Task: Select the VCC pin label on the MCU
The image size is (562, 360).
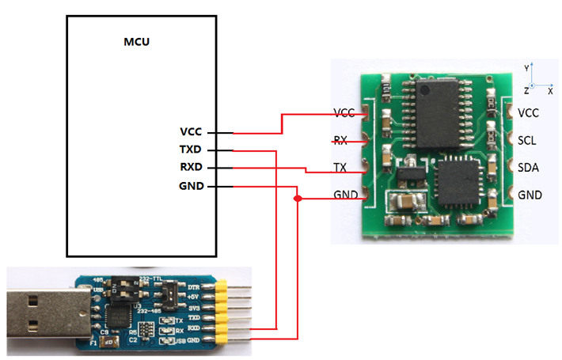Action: click(192, 131)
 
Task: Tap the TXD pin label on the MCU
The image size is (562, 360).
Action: click(192, 149)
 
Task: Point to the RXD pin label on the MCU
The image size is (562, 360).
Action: click(192, 167)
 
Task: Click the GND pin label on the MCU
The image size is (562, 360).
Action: click(192, 186)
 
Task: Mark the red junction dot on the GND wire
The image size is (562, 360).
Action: click(298, 199)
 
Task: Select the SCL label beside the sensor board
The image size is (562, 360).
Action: click(528, 140)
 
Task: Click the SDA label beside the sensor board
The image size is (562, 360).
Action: click(528, 167)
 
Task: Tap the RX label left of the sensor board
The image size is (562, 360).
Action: click(340, 141)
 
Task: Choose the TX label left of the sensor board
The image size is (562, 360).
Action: click(340, 168)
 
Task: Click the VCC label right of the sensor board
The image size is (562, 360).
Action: click(528, 113)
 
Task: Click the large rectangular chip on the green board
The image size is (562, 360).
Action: click(436, 114)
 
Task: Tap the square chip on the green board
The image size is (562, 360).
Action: click(454, 181)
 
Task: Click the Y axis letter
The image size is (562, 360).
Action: click(526, 69)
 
